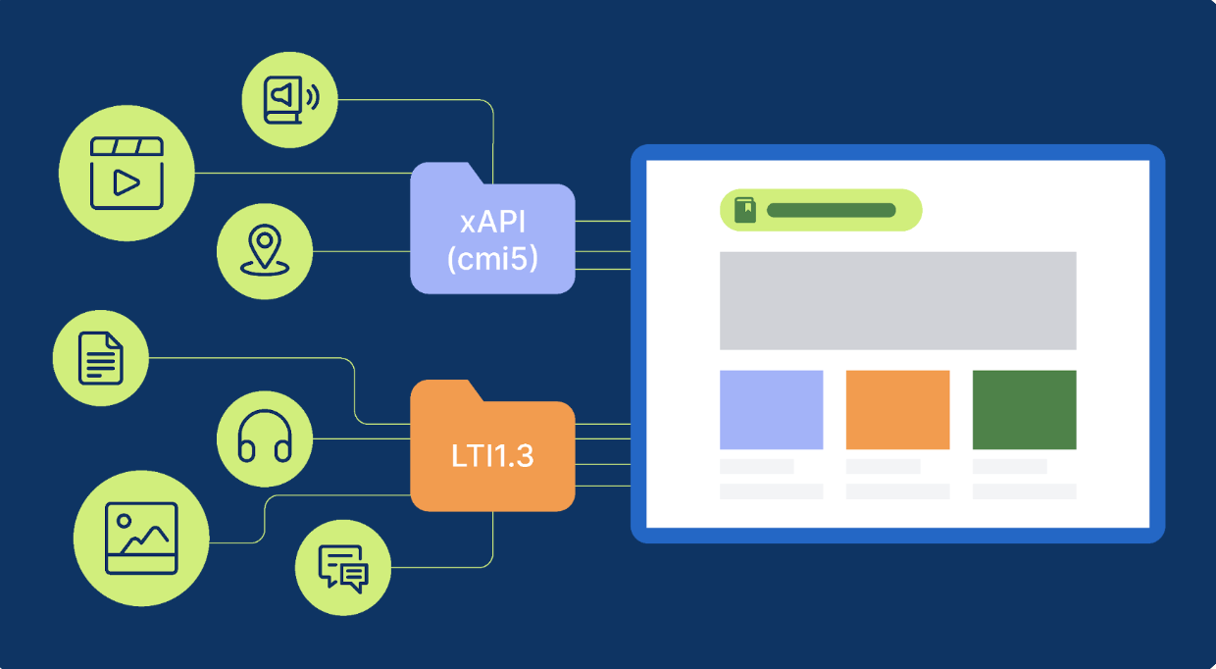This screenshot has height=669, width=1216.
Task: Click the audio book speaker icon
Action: pos(289,100)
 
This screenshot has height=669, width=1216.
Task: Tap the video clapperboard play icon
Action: pos(127,174)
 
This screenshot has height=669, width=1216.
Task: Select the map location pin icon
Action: pos(264,251)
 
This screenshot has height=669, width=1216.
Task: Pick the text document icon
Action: pos(100,357)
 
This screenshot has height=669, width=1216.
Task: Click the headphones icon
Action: pos(265,437)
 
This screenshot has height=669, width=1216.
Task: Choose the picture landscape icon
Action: pos(141,539)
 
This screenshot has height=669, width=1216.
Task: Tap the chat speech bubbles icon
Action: pos(342,567)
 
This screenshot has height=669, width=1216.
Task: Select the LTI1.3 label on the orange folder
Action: pos(492,455)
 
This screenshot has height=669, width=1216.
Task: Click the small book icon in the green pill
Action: pos(745,210)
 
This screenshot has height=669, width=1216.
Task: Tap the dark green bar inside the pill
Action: pos(831,210)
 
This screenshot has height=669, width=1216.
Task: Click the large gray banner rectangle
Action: pos(897,300)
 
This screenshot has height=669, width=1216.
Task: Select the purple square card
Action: pos(771,409)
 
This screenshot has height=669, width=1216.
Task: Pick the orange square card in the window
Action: pos(897,409)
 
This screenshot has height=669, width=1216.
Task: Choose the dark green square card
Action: pos(1024,409)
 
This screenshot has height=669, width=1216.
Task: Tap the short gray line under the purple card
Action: pos(756,466)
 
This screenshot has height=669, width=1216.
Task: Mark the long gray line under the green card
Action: pos(1024,490)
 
